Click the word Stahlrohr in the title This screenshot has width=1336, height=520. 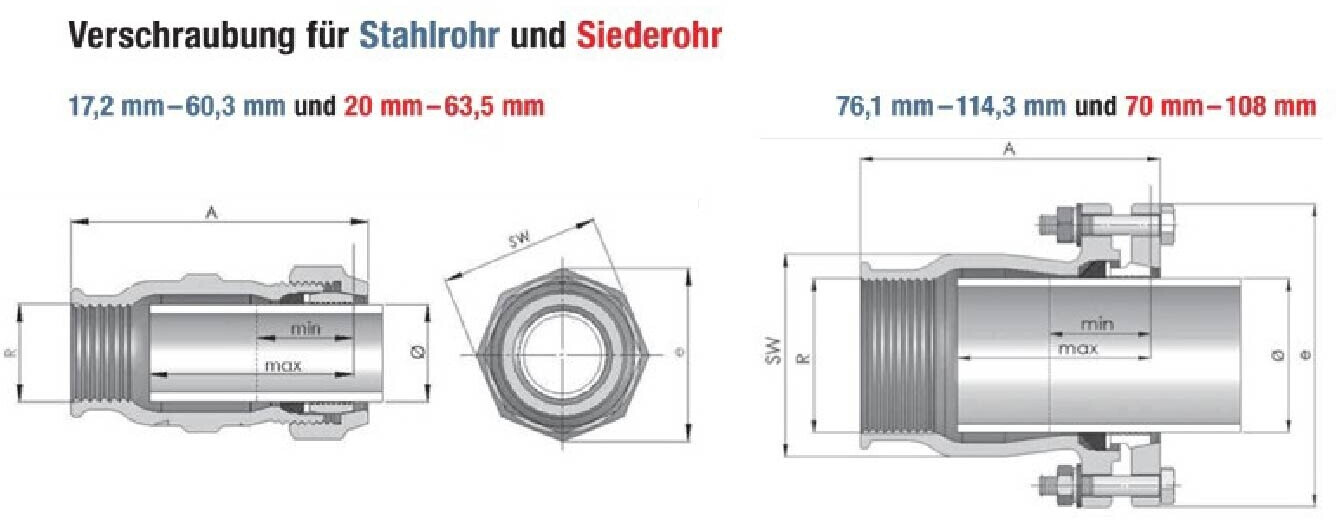pos(429,36)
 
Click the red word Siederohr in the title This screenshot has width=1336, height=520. pos(649,36)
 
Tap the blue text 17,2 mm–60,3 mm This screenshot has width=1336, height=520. pos(177,106)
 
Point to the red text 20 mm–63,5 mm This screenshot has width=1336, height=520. pos(444,106)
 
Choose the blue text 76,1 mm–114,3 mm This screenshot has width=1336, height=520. pos(951,106)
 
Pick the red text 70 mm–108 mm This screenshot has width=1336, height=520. pos(1221,106)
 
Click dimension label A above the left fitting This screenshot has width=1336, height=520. pos(211,212)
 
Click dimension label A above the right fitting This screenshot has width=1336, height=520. pos(1009,149)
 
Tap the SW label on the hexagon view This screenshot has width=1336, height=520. pos(519,240)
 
